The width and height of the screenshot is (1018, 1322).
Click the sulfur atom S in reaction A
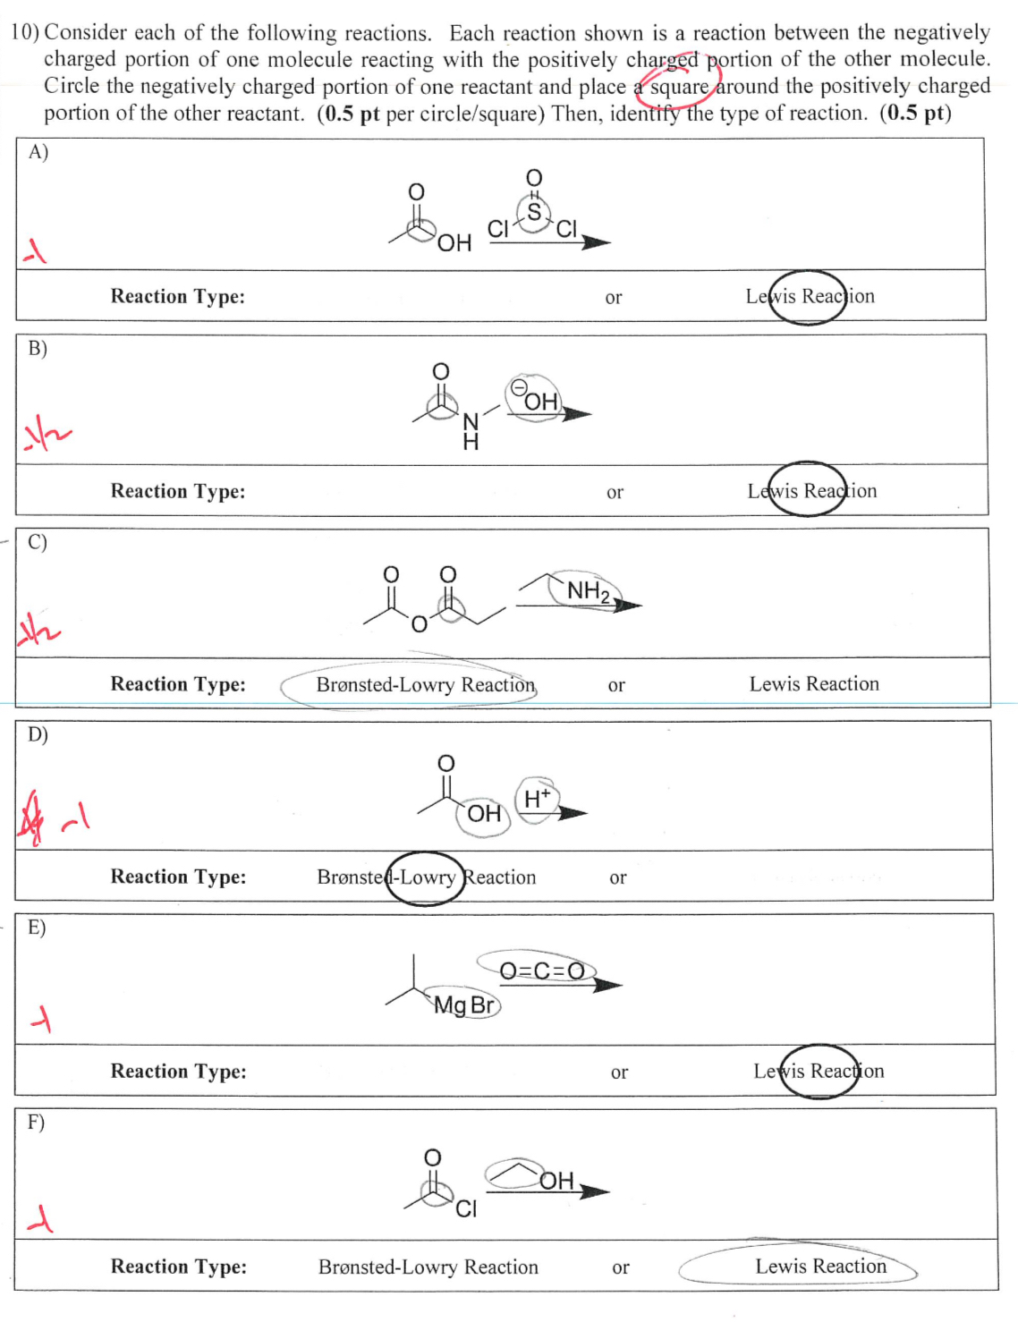(534, 212)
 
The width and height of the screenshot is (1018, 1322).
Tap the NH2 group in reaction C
(588, 591)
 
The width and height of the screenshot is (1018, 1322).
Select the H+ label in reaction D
(537, 798)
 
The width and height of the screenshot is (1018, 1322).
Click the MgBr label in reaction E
(464, 1005)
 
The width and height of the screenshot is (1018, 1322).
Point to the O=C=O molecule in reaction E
(541, 970)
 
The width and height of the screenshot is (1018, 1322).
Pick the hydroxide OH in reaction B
(539, 401)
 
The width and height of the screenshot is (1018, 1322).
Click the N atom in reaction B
(471, 420)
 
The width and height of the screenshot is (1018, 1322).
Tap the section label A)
(38, 152)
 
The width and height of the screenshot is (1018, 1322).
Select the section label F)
(36, 1122)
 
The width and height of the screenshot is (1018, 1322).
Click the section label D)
(37, 734)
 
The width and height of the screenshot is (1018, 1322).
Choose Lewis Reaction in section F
(820, 1266)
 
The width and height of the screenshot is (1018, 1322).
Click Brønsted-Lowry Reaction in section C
(426, 684)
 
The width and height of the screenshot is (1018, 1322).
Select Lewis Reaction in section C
(814, 683)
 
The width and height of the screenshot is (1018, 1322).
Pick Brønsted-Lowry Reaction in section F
(428, 1267)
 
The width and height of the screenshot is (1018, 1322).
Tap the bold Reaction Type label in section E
(178, 1071)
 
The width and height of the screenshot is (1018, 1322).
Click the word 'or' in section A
(614, 297)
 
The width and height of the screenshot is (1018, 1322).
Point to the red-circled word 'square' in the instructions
(680, 87)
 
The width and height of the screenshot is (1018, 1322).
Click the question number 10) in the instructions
(24, 33)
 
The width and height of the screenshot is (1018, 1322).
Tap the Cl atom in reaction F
(466, 1209)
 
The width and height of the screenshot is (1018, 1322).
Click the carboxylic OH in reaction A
(454, 242)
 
